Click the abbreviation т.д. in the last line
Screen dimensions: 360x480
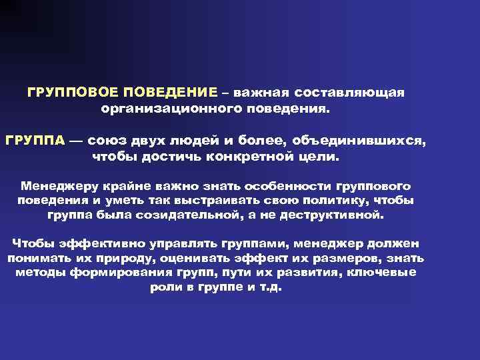pyautogui.click(x=273, y=289)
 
